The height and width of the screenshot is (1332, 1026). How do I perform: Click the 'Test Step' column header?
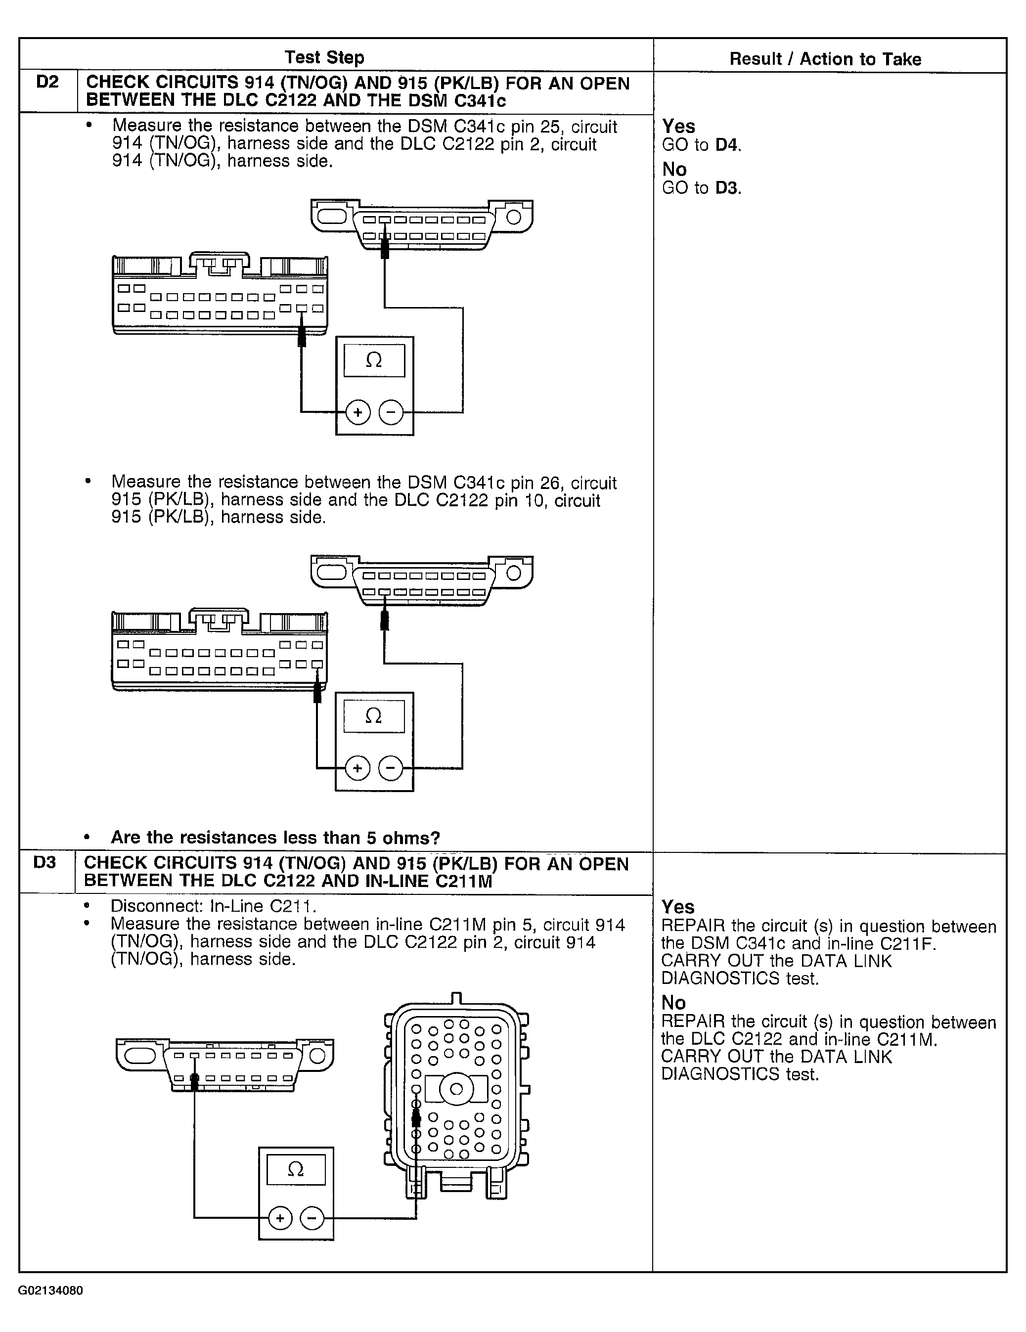[324, 57]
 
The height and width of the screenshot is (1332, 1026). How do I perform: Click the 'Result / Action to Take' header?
[825, 59]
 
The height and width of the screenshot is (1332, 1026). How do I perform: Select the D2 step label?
[47, 82]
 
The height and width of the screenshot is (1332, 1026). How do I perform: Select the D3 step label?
[45, 862]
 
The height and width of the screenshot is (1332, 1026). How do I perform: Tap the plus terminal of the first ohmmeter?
[358, 413]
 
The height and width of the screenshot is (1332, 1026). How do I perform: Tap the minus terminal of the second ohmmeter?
[391, 768]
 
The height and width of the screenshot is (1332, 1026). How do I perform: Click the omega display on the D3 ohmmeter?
[296, 1170]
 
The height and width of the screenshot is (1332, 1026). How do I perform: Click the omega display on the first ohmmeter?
[374, 360]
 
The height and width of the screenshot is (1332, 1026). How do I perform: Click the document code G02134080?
[50, 1290]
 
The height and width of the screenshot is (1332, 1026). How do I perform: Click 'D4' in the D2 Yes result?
[727, 145]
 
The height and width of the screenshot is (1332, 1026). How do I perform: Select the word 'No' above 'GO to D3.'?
[674, 169]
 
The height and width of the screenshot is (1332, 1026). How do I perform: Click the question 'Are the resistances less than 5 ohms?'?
[275, 838]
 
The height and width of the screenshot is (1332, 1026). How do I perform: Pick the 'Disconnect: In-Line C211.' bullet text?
[214, 906]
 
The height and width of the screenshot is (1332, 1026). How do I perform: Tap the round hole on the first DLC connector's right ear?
[514, 217]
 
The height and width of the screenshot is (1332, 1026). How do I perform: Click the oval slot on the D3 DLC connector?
[140, 1055]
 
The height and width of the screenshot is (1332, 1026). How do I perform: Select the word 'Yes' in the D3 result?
[678, 907]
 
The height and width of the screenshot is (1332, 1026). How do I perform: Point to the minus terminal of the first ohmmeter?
[391, 413]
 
